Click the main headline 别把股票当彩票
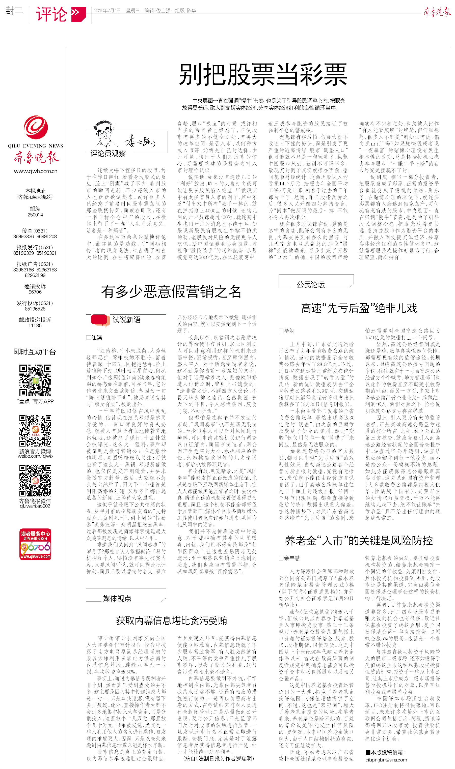(263, 74)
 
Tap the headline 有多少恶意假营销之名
(171, 291)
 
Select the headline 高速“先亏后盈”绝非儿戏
(359, 308)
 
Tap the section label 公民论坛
(310, 284)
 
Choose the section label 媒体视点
(117, 598)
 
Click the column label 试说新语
(126, 320)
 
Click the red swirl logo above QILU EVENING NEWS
(36, 127)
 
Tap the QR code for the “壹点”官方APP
(35, 380)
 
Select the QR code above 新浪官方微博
(35, 431)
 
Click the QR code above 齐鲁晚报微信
(35, 481)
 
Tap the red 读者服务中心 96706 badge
(35, 544)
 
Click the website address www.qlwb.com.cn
(36, 171)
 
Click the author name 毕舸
(289, 331)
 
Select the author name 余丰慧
(291, 558)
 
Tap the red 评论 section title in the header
(51, 14)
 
